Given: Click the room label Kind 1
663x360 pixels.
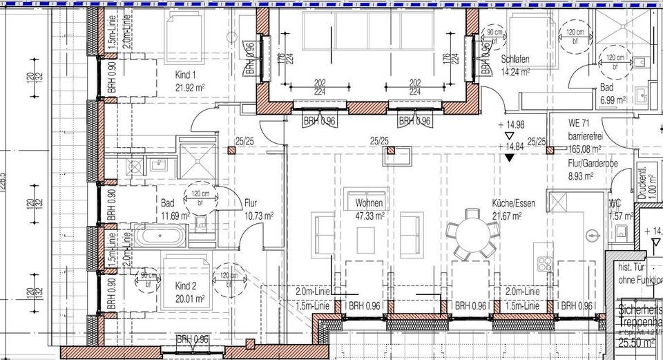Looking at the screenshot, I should coord(185,75).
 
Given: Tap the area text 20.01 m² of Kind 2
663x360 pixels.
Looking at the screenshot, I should coord(190,299).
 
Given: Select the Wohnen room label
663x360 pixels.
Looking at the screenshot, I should coord(369,204).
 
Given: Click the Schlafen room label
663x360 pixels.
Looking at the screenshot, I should coord(515,60).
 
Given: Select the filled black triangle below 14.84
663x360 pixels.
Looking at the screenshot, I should coord(510,158).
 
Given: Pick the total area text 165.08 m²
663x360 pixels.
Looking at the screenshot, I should coord(584,148).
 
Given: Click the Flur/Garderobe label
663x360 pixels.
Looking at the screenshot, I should coord(593,164).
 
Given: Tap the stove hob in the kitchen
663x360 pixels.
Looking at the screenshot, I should coord(544,262).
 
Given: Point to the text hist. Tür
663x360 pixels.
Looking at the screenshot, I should coord(631,267).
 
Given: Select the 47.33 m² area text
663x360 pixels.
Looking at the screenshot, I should coord(369,216).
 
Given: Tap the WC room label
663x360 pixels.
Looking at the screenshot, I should coord(614,205).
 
